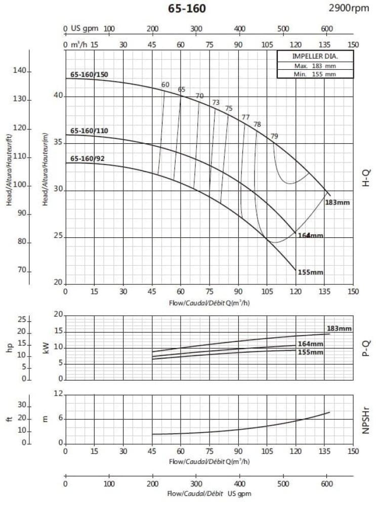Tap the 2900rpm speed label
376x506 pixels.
[x=350, y=8]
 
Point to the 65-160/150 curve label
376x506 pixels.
[x=89, y=75]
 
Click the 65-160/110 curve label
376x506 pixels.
[x=89, y=131]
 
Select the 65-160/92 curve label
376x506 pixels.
[x=88, y=159]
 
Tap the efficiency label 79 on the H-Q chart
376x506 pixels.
[x=274, y=136]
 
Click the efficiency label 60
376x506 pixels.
[x=165, y=85]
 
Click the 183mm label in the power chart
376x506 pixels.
[x=339, y=328]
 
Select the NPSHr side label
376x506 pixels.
[x=367, y=418]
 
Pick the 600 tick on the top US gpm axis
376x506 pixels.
[x=327, y=28]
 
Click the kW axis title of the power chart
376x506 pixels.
[x=47, y=348]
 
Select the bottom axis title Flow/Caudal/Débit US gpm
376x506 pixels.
[x=210, y=493]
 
